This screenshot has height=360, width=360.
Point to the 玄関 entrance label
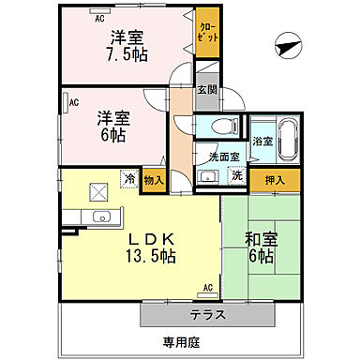(206, 91)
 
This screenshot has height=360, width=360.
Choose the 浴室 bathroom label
(262, 142)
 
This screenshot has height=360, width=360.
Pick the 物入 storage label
(155, 179)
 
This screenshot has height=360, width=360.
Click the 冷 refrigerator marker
(128, 176)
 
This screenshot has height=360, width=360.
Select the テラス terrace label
(206, 314)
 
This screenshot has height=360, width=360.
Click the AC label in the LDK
(207, 288)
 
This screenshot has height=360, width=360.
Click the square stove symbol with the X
(97, 190)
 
